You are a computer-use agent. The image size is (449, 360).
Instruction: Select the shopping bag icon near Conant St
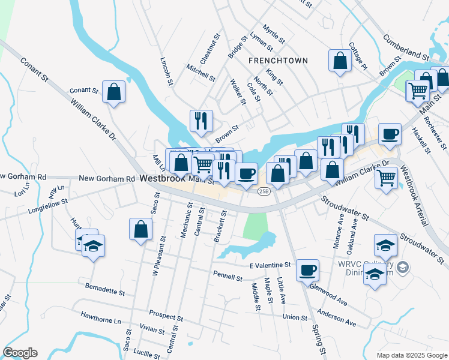(113, 92)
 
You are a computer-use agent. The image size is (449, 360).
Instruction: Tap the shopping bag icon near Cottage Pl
(340, 61)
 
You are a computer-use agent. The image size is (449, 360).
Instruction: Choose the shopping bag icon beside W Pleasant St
(140, 229)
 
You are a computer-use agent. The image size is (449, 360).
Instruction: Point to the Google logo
(20, 353)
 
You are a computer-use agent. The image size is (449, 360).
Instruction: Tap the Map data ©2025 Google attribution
(411, 355)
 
